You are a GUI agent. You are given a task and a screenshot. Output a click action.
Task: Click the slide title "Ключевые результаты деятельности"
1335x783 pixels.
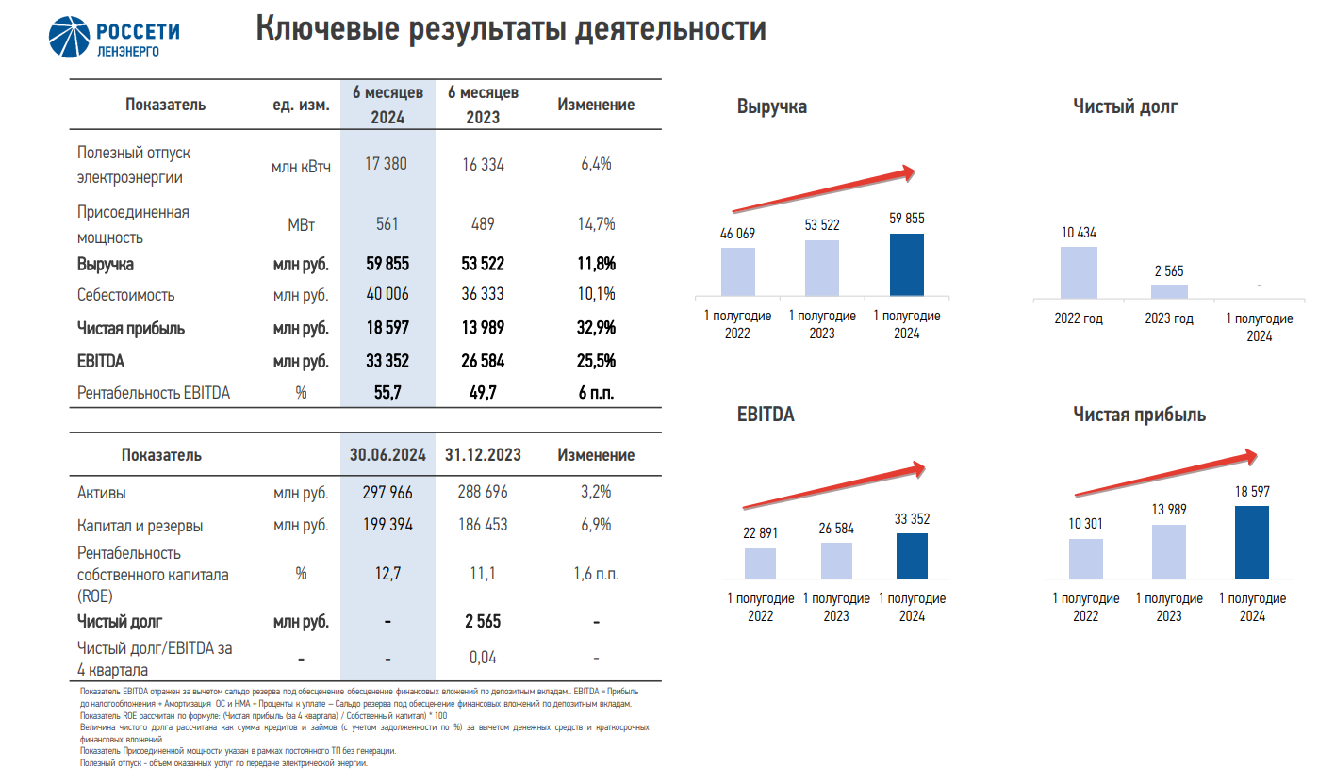(511, 29)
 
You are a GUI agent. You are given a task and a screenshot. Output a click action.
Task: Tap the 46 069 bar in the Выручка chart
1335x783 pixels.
(738, 270)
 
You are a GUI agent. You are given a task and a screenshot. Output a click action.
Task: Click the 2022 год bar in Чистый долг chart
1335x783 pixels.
(1079, 272)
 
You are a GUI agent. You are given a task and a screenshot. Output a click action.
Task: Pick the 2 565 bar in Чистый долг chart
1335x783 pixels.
(1169, 291)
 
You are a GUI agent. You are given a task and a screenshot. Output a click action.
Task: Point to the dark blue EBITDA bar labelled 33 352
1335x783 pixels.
(912, 555)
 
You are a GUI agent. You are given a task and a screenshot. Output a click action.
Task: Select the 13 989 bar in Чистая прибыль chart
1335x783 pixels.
(1169, 550)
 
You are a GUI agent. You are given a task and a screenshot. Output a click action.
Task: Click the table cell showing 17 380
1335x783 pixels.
(386, 164)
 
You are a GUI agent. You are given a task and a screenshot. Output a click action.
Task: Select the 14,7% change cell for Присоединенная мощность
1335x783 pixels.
(597, 224)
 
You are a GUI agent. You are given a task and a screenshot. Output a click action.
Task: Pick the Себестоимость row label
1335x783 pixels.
(126, 295)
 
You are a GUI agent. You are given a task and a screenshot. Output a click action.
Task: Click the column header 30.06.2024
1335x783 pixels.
(387, 455)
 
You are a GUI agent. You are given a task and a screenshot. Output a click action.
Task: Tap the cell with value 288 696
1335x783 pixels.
(483, 492)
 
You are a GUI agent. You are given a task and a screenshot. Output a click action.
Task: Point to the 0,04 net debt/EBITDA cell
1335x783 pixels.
(483, 658)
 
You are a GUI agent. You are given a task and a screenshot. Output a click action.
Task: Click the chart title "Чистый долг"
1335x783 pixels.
(1125, 106)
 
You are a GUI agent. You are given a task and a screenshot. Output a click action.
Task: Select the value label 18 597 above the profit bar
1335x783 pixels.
(1252, 492)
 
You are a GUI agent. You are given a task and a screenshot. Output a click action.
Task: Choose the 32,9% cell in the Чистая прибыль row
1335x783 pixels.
(597, 329)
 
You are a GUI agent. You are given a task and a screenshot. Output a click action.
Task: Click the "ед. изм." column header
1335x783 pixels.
(301, 106)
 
